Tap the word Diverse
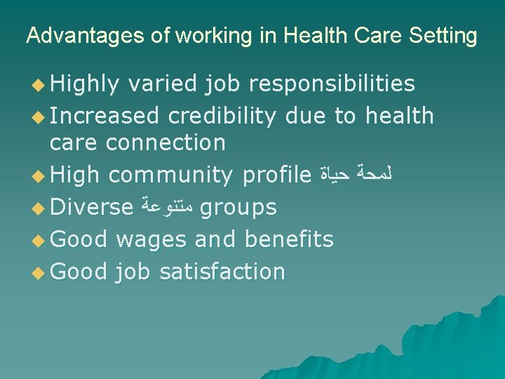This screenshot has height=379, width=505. [92, 207]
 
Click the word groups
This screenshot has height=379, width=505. [238, 208]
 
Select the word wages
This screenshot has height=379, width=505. [151, 239]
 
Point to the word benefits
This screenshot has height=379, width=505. [289, 239]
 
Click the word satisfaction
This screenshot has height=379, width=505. [222, 271]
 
